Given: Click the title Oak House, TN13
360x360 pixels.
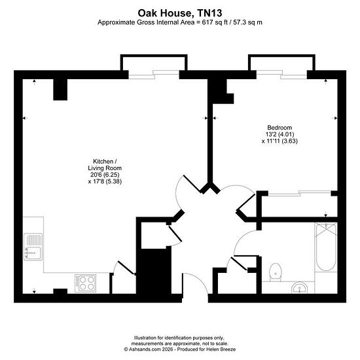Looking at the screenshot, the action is pyautogui.click(x=180, y=13).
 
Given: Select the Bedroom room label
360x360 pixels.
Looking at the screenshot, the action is pyautogui.click(x=279, y=128).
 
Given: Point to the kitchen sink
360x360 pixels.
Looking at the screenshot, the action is pyautogui.click(x=33, y=247).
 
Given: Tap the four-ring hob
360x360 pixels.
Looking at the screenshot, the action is pyautogui.click(x=85, y=283).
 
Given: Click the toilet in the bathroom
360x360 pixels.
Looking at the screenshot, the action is pyautogui.click(x=276, y=272).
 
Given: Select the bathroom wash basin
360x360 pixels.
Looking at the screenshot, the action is pyautogui.click(x=300, y=287).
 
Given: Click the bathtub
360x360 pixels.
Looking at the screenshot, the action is pyautogui.click(x=326, y=247).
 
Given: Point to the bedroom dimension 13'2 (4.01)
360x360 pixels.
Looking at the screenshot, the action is pyautogui.click(x=279, y=134).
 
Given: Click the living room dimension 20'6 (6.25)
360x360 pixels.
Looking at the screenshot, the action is pyautogui.click(x=105, y=175).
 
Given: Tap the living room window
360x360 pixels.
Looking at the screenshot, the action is pyautogui.click(x=154, y=75).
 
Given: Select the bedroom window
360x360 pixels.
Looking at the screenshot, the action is pyautogui.click(x=281, y=75).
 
